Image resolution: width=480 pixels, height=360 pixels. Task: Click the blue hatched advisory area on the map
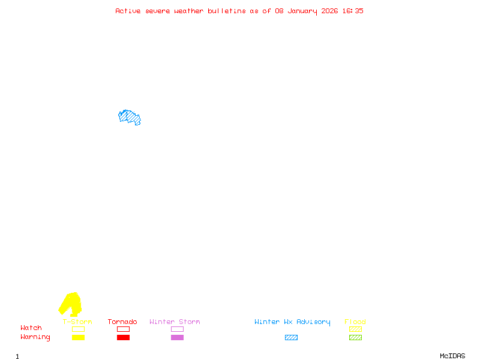tap(130, 117)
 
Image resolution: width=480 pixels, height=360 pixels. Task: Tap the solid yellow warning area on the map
tap(71, 303)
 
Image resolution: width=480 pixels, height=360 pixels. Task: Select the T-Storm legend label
tap(77, 322)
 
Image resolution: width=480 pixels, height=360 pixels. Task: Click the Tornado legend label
tap(122, 322)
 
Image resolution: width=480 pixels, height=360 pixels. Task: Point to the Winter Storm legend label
tap(175, 322)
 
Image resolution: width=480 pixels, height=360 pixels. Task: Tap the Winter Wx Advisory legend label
tap(292, 322)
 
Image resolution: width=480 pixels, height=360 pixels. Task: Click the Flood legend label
tap(355, 322)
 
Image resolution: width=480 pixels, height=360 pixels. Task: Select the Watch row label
tap(31, 328)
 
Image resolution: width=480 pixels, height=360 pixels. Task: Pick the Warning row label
tap(35, 337)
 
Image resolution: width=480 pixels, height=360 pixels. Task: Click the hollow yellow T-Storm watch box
tap(78, 329)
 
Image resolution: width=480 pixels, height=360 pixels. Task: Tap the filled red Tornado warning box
tap(123, 337)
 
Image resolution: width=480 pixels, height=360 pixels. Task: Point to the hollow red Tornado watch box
tap(123, 329)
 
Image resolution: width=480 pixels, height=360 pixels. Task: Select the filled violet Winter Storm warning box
tap(177, 337)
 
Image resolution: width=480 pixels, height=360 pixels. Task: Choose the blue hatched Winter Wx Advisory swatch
tap(291, 337)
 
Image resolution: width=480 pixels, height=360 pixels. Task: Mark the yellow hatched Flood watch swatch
tap(355, 329)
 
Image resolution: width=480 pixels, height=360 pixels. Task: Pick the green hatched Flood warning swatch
tap(355, 337)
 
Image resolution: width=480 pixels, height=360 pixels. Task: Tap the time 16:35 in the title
tap(352, 11)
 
